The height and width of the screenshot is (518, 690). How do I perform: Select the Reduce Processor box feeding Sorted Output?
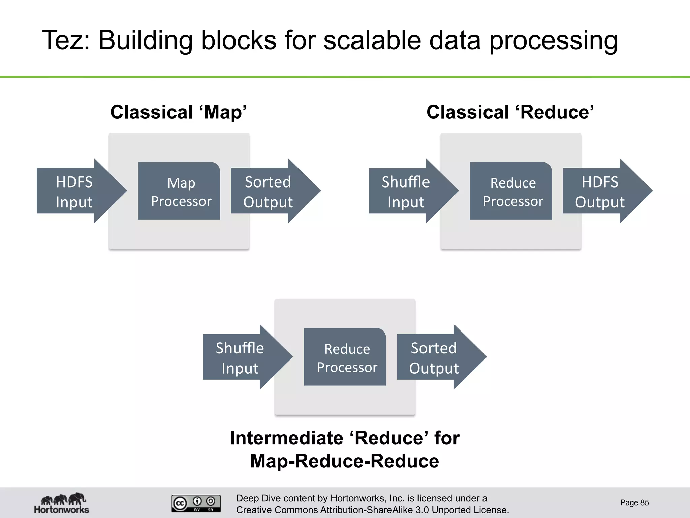(345, 357)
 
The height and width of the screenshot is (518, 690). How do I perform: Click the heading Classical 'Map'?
(179, 112)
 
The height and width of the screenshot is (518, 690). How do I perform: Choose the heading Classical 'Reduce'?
(510, 112)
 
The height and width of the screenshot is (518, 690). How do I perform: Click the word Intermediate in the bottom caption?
(286, 438)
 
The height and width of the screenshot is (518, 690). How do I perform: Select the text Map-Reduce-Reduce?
(345, 461)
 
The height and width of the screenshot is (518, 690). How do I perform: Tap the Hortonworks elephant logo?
(62, 502)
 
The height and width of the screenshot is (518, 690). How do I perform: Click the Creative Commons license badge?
(196, 503)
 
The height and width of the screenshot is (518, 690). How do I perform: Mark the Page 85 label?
(634, 502)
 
